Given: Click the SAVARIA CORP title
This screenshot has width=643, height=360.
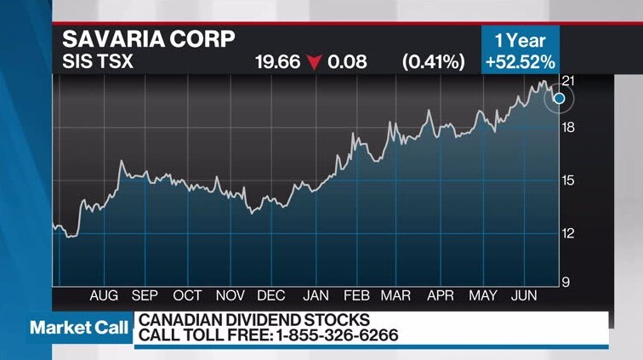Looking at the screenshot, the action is coord(149,39).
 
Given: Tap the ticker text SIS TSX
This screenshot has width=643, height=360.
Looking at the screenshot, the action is coord(98,61).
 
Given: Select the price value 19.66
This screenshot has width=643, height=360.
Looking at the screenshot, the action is coord(277,62).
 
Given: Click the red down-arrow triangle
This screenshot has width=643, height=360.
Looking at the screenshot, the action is coord(315,62).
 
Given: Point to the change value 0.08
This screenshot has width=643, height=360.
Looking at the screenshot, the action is coord(347,62).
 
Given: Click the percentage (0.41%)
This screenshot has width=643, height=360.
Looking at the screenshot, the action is coord(434,62).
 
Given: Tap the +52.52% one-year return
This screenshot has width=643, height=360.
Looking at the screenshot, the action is coord(520,62).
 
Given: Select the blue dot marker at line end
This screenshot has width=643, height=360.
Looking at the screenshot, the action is coord(560,99).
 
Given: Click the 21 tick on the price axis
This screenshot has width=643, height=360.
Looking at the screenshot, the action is coord(568,81).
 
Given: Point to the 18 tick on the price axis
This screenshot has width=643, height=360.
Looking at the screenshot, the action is coord(568,128).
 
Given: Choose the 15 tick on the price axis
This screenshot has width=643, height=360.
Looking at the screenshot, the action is coord(568,180).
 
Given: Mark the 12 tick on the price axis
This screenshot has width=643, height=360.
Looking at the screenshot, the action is coord(568,233).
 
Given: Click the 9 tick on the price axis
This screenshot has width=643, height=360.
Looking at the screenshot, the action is coord(566,283).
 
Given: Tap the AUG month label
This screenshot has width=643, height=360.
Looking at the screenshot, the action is coord(104,295).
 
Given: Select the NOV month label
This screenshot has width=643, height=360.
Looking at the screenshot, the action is coord(230,295).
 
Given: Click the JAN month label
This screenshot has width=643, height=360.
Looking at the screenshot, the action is coord(316,295).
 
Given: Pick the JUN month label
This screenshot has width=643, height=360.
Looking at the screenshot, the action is coord(524,295).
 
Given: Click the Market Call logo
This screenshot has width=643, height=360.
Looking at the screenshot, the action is coord(79,328).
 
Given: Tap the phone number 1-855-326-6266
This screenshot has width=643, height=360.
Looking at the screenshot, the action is coord(337,335).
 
